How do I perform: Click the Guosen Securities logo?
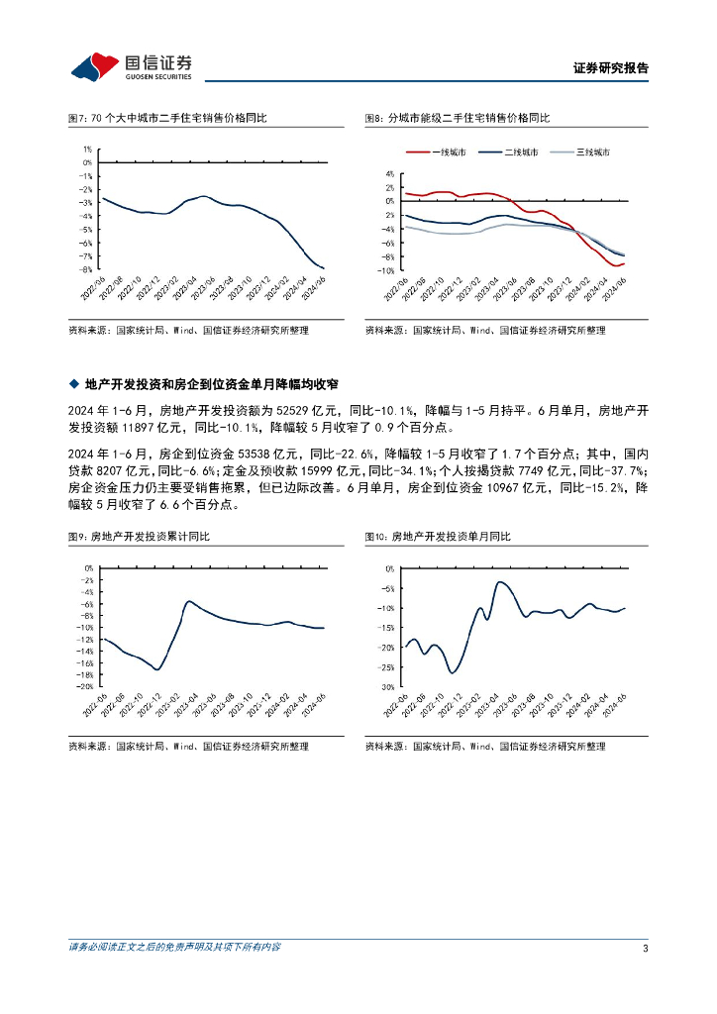pos(131,65)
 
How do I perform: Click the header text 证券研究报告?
pos(611,68)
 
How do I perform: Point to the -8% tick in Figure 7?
pos(86,268)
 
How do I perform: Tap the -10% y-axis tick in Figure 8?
pos(386,270)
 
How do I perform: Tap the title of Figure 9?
pos(146,536)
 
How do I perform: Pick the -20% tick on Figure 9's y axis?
pos(86,685)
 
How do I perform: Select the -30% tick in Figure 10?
pos(387,686)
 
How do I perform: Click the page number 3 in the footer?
pos(645,948)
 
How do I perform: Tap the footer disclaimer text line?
pos(174,948)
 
